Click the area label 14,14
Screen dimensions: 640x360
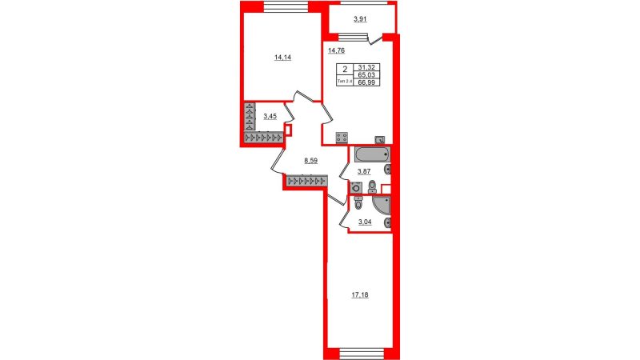[x=282, y=58]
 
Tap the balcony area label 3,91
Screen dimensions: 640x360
[x=360, y=18]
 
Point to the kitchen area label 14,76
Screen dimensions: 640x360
[x=337, y=50]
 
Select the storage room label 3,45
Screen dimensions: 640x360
[x=270, y=116]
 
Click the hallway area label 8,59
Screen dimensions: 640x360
[x=310, y=161]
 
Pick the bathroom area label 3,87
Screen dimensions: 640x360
[x=364, y=172]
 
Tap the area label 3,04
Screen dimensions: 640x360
[x=365, y=222]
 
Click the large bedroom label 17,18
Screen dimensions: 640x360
[x=360, y=294]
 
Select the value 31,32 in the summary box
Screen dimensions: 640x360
[x=366, y=67]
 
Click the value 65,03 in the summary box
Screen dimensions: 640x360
[x=366, y=75]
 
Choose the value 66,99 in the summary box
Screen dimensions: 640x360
[x=366, y=82]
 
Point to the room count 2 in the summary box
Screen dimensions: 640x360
[x=345, y=70]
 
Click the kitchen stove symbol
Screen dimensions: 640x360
[x=342, y=138]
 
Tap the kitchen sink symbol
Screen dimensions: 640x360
[x=380, y=140]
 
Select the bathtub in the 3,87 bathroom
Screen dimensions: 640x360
[x=372, y=154]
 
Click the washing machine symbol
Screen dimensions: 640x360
[x=356, y=188]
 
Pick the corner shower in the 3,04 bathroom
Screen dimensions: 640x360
[x=382, y=206]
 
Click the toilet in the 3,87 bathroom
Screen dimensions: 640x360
[x=372, y=186]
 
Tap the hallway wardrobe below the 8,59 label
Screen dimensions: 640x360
[x=307, y=180]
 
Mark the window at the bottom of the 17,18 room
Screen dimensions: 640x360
[x=362, y=354]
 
